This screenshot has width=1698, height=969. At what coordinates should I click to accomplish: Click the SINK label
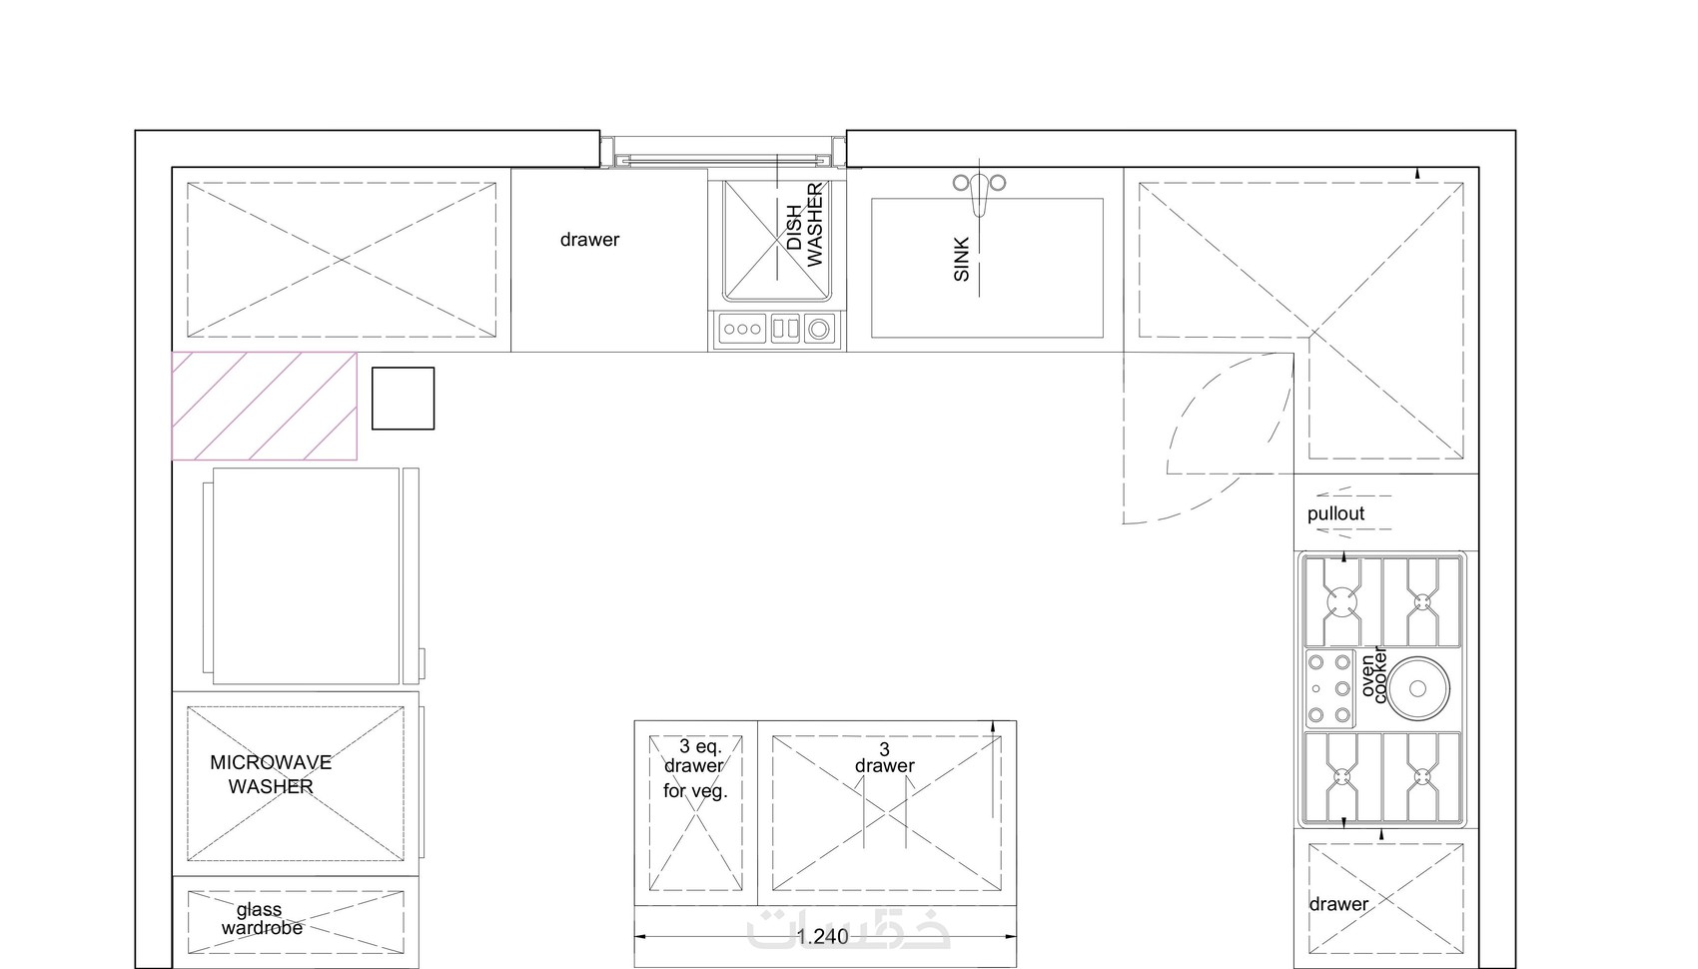pyautogui.click(x=961, y=260)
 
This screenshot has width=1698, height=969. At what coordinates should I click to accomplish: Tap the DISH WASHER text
pyautogui.click(x=804, y=225)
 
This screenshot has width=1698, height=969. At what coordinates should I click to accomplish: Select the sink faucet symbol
pyautogui.click(x=980, y=190)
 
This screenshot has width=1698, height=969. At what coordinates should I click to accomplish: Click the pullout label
pyautogui.click(x=1335, y=513)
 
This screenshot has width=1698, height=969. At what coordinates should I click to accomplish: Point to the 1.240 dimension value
pyautogui.click(x=822, y=936)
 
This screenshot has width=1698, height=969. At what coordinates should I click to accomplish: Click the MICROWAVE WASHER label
pyautogui.click(x=271, y=774)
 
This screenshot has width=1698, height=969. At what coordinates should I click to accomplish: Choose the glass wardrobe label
pyautogui.click(x=262, y=918)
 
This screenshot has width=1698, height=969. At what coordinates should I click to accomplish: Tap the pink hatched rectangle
pyautogui.click(x=265, y=406)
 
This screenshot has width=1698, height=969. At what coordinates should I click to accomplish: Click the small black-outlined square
pyautogui.click(x=404, y=399)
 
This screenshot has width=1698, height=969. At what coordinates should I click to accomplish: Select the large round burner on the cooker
pyautogui.click(x=1417, y=688)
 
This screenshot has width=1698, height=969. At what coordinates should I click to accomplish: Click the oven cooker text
pyautogui.click(x=1373, y=675)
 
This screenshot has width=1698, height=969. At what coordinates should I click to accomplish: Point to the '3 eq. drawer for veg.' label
pyautogui.click(x=695, y=768)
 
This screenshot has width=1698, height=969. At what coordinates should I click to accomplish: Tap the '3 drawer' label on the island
pyautogui.click(x=885, y=757)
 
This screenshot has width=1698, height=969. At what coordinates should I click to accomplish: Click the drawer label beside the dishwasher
pyautogui.click(x=589, y=240)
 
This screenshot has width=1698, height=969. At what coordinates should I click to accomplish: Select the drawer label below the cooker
pyautogui.click(x=1338, y=904)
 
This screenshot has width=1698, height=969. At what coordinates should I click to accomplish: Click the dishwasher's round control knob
pyautogui.click(x=819, y=329)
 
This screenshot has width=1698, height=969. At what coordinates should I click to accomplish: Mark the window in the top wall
pyautogui.click(x=723, y=152)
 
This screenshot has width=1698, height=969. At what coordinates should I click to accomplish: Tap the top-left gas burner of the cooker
pyautogui.click(x=1341, y=602)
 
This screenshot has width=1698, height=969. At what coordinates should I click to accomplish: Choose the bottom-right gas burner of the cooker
pyautogui.click(x=1423, y=776)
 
